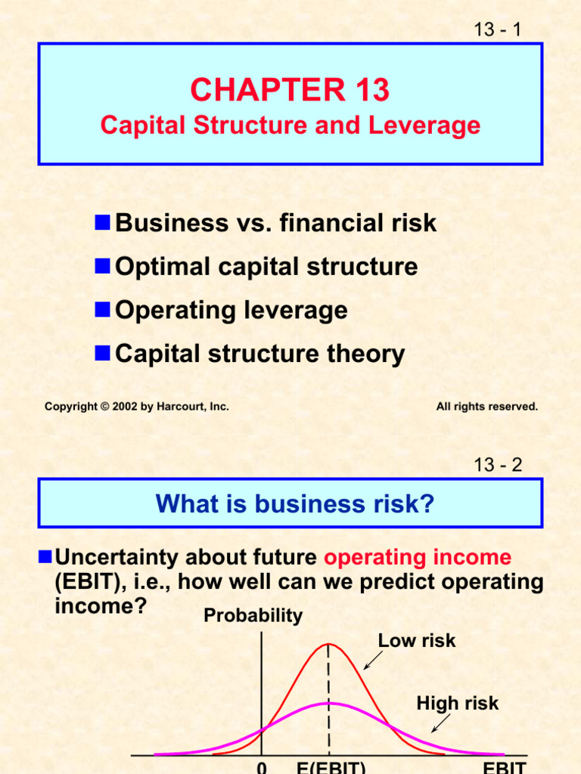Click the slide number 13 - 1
[497, 29]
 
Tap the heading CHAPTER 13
[290, 91]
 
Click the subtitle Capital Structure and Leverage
[290, 125]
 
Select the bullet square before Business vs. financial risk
[103, 222]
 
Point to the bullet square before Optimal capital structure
[103, 265]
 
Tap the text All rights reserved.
[486, 407]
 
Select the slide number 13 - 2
[497, 465]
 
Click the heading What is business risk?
[295, 503]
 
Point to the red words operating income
[418, 558]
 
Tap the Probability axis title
[253, 616]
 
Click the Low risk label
[417, 641]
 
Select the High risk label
[457, 704]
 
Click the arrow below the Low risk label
[372, 660]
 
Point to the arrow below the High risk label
[440, 723]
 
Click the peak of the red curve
[328, 644]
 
